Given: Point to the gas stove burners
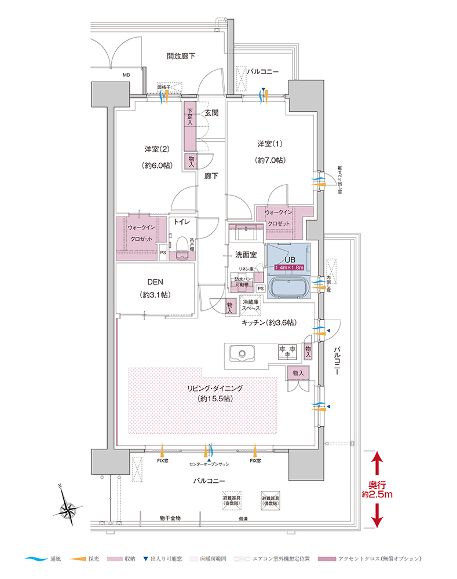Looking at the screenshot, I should (x=288, y=350).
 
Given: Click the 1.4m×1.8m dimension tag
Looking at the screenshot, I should (x=289, y=267).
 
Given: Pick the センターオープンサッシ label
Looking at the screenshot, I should (x=209, y=464).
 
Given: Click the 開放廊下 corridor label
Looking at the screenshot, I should (x=181, y=56).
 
